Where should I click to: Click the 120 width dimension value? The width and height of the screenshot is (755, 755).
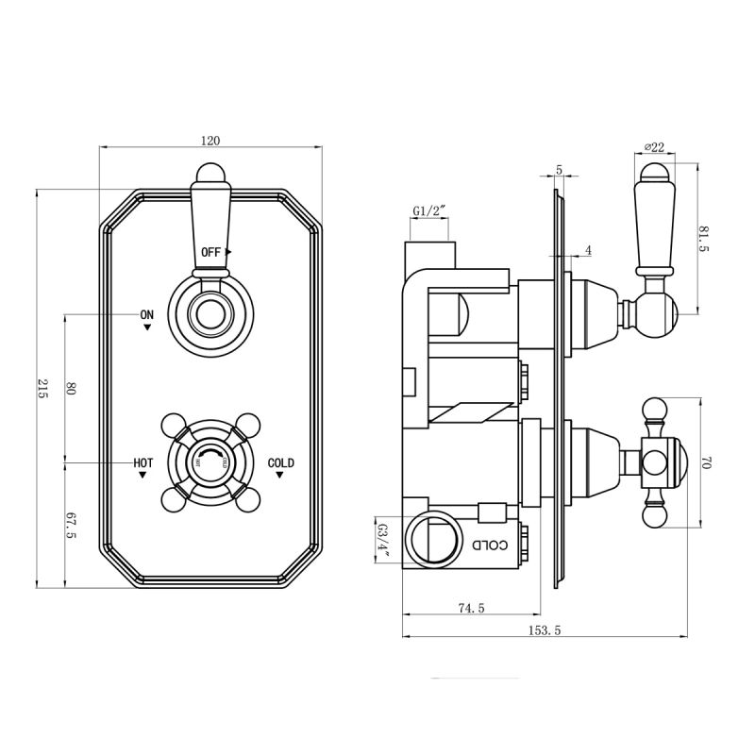point(210,141)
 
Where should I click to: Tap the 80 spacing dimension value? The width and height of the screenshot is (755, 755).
point(71,388)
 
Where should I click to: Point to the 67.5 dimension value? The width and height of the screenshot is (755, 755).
point(71,524)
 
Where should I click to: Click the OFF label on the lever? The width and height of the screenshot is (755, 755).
point(210,252)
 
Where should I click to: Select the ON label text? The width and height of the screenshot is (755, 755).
point(146,314)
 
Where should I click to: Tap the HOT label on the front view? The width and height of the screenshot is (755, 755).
point(143,462)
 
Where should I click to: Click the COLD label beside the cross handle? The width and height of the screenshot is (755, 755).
point(280,462)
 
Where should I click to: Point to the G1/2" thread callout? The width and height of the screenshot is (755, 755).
point(428,211)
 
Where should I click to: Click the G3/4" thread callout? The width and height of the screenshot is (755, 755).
point(384,542)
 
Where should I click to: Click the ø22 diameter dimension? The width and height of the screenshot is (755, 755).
point(654,146)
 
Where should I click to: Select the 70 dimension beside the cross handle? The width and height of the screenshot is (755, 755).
point(706,463)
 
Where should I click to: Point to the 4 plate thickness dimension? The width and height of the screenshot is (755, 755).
point(587,250)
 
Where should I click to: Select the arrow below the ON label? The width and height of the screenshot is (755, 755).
point(147,327)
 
